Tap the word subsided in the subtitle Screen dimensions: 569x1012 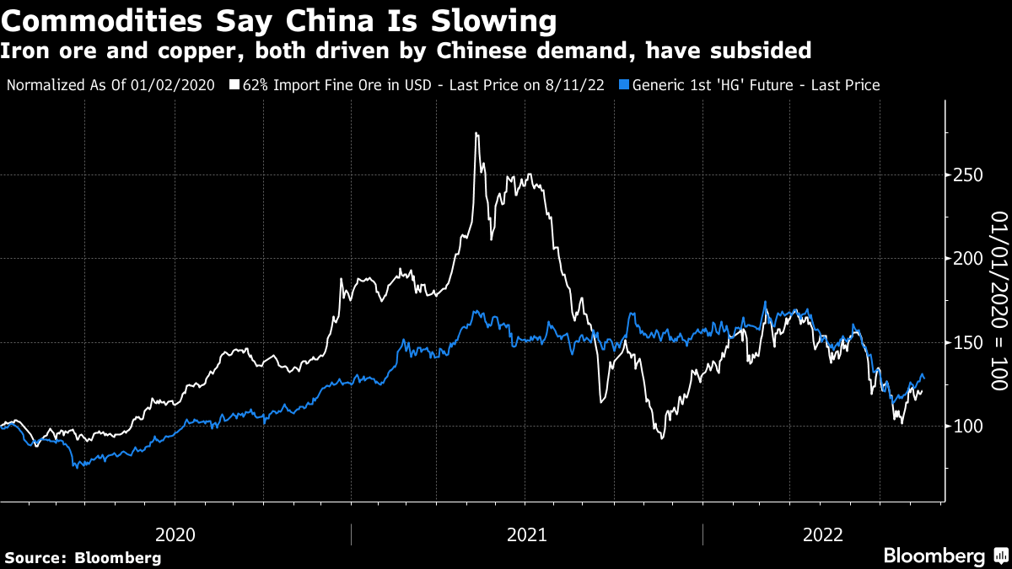click(x=762, y=51)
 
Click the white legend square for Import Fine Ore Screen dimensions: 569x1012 click(x=234, y=85)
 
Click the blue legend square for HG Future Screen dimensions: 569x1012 click(x=623, y=85)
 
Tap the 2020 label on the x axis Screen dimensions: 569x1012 click(x=175, y=534)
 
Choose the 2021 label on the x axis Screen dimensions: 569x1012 click(x=526, y=534)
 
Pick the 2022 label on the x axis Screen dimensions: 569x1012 click(x=823, y=534)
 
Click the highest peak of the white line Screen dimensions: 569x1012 click(x=476, y=133)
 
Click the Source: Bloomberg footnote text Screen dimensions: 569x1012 click(x=83, y=557)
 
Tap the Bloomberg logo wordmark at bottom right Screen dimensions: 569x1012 click(x=934, y=556)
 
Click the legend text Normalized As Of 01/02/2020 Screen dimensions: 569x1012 click(x=111, y=85)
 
